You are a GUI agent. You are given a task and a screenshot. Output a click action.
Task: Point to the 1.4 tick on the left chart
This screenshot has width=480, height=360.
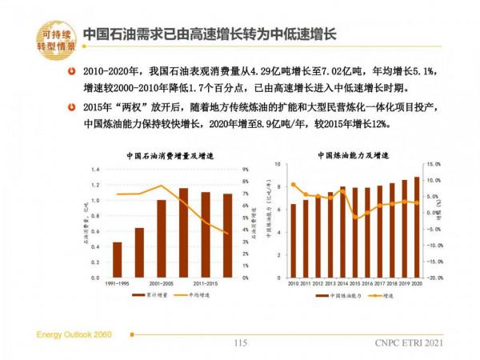pyautogui.click(x=94, y=170)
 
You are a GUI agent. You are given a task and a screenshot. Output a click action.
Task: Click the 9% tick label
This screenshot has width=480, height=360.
pyautogui.click(x=245, y=170)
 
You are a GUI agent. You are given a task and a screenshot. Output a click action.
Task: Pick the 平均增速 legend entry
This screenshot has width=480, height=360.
pyautogui.click(x=190, y=295)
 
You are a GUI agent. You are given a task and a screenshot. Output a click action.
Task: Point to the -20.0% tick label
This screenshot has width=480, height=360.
pyautogui.click(x=435, y=278)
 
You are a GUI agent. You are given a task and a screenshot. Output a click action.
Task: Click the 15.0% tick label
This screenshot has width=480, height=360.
pyautogui.click(x=435, y=165)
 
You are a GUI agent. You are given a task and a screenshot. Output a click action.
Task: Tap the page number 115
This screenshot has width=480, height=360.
pyautogui.click(x=240, y=343)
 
